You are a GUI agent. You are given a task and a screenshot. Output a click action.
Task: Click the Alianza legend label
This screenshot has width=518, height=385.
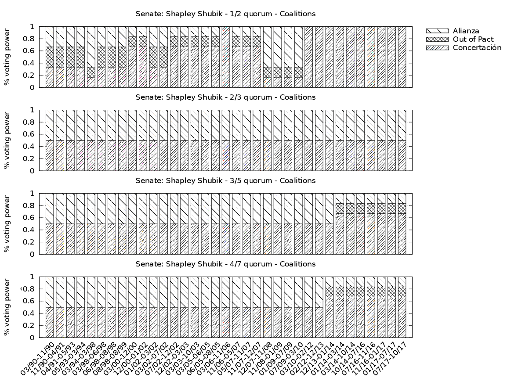point(466,31)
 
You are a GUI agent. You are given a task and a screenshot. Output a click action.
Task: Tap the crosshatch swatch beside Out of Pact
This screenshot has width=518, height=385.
point(437,40)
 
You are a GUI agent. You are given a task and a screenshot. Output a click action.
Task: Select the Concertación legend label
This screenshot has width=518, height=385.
point(477,48)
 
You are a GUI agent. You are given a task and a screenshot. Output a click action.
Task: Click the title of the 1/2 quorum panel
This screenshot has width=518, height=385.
point(225,14)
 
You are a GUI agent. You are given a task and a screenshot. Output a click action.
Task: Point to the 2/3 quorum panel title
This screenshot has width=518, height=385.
point(225,97)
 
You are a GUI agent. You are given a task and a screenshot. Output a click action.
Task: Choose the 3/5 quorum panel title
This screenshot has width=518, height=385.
point(225,180)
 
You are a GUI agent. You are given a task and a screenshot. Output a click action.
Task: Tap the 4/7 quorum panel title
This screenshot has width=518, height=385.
point(225,264)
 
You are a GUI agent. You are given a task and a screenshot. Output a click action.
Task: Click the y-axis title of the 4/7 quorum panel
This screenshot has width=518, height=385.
point(7,307)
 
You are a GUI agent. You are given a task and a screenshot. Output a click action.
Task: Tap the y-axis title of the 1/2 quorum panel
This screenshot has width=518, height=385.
point(7,57)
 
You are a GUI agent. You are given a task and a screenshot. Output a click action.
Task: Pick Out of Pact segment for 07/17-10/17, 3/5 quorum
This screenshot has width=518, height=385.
point(402,209)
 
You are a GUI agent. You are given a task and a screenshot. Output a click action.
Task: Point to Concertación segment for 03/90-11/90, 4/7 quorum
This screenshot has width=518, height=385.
point(50,323)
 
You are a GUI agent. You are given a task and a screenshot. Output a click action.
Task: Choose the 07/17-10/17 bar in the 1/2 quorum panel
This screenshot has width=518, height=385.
point(402,57)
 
